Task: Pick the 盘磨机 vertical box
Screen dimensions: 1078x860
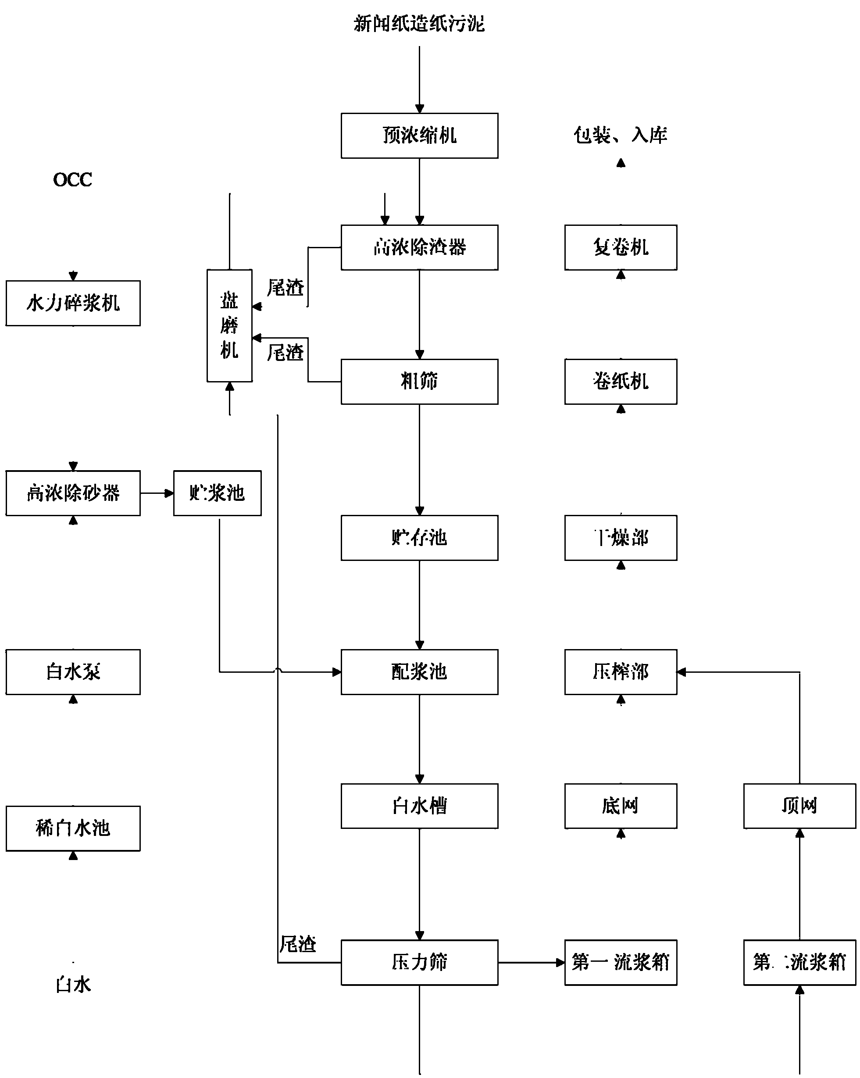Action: click(229, 325)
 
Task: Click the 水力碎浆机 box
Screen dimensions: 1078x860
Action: click(73, 303)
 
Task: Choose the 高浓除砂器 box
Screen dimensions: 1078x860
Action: click(73, 493)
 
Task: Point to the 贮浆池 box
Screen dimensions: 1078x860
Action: click(217, 493)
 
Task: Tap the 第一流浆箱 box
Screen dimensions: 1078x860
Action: click(621, 962)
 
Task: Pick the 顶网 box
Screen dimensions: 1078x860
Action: click(799, 806)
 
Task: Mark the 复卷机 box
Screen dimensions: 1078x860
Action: click(621, 247)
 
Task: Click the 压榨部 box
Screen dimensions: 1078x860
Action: click(621, 671)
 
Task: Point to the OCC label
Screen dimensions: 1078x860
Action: click(72, 180)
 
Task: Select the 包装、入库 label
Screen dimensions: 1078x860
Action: click(620, 135)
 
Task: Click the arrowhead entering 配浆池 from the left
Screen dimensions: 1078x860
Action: click(337, 672)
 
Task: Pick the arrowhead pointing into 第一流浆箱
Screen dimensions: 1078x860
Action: click(560, 963)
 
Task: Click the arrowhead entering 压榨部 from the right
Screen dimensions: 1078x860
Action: click(682, 672)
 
